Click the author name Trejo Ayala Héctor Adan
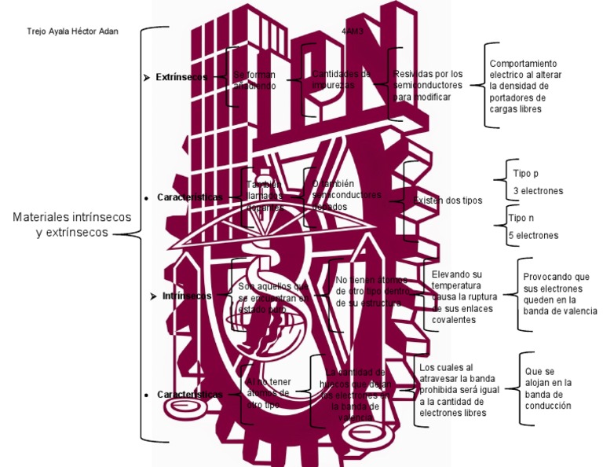[72, 32]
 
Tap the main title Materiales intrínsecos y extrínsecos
[72, 225]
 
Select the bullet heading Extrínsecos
[181, 77]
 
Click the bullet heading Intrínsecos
[187, 296]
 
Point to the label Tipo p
[526, 173]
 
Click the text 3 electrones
[538, 191]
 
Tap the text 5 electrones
[534, 235]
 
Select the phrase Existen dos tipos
[448, 200]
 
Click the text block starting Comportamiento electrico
[523, 86]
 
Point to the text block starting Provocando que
[559, 294]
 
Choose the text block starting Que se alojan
[549, 388]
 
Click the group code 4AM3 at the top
[353, 32]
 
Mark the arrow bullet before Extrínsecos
[146, 78]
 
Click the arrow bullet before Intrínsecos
[153, 296]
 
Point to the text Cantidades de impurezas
[341, 79]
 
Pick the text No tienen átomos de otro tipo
[371, 291]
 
